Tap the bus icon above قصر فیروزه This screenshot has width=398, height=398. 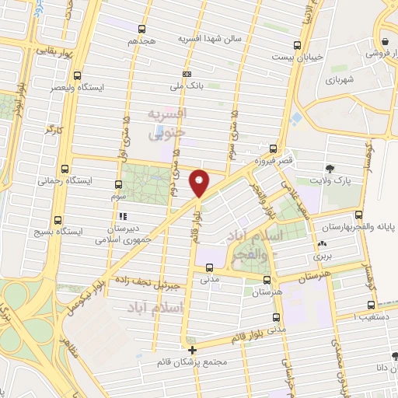pyautogui.click(x=272, y=147)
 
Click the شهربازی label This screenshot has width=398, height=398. pyautogui.click(x=340, y=80)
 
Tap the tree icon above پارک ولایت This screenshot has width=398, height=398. pyautogui.click(x=332, y=168)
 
